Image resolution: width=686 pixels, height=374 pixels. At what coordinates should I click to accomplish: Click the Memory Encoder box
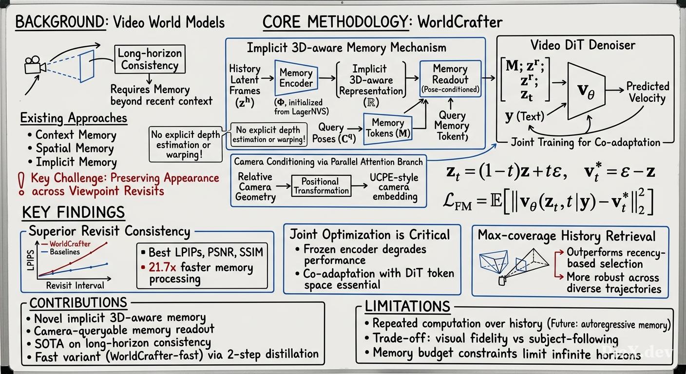pos(296,78)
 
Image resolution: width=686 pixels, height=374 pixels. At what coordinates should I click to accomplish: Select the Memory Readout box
pos(450,79)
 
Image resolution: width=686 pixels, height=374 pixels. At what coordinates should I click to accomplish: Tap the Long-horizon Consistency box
pos(150,59)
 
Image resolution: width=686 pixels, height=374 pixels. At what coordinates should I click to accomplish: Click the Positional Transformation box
pos(321,186)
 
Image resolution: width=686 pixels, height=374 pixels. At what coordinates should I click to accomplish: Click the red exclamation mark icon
pos(21,184)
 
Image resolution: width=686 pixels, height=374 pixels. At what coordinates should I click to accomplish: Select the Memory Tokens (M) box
pos(388,129)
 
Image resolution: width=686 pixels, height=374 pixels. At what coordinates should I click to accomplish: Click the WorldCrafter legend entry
pos(66,244)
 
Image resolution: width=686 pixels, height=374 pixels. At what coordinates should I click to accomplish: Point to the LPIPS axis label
pos(31,261)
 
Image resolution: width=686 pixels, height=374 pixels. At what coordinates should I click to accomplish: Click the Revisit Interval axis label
pos(75,285)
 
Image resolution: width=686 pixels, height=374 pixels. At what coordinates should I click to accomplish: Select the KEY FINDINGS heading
pos(74,212)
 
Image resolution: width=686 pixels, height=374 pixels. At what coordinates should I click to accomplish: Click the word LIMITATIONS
pos(408,306)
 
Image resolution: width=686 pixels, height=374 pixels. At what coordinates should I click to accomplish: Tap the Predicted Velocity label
pos(648,92)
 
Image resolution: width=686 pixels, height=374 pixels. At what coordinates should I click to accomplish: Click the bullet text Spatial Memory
pos(75,149)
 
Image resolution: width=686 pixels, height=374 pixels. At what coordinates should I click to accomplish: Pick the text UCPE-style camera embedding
pos(394,187)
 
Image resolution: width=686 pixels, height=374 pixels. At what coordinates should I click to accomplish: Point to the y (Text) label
pos(525,116)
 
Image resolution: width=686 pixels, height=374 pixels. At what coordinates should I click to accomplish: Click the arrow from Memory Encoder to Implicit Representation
pos(327,78)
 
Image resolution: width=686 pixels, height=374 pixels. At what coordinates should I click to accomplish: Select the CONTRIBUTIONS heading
pos(78,303)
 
